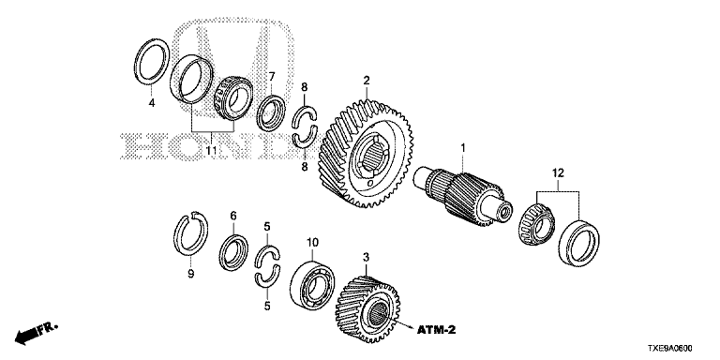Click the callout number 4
[x=152, y=103]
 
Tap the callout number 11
[x=211, y=150]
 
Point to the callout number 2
[x=366, y=81]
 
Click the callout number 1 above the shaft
[x=463, y=148]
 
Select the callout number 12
[x=558, y=173]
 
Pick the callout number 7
[x=272, y=76]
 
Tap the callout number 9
[x=190, y=274]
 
